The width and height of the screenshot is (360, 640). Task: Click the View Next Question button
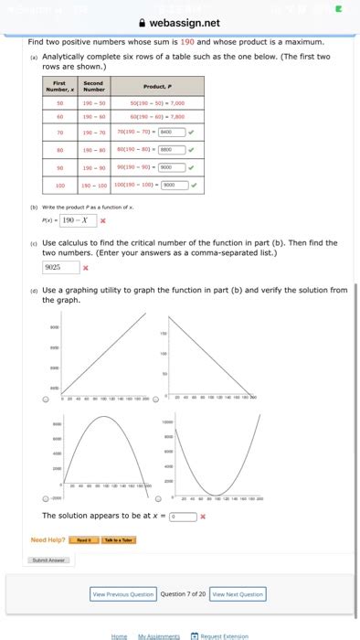pos(238,593)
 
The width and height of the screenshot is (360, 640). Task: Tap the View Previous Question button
pos(123,593)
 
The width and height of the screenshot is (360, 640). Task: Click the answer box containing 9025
pos(59,268)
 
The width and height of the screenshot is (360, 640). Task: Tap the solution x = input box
pos(183,516)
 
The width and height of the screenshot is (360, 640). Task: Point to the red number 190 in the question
pos(187,42)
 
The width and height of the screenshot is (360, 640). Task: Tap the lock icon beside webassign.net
pos(140,22)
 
